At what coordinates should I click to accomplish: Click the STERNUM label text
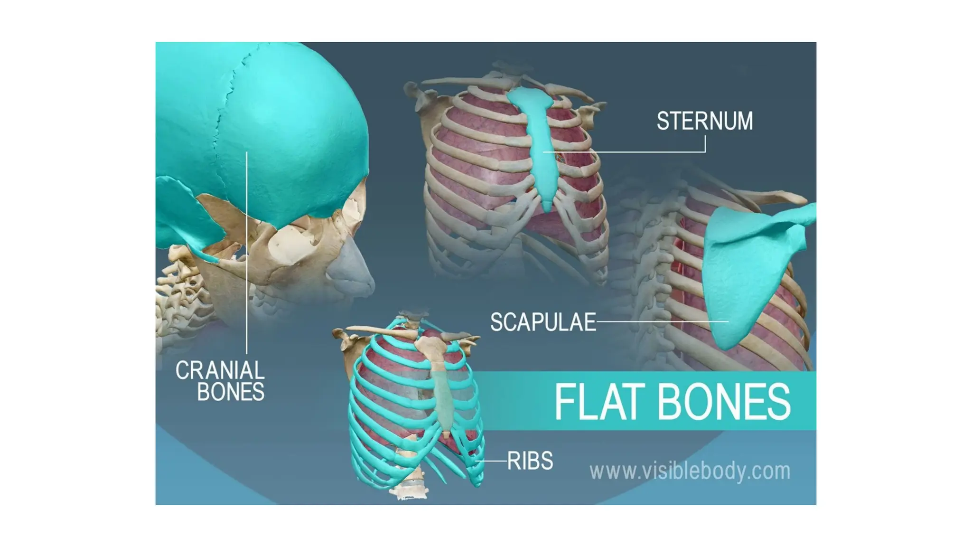coord(704,121)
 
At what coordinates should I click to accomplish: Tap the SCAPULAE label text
coord(542,322)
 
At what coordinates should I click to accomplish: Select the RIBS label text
coord(530,461)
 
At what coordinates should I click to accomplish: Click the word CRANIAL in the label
coord(220,370)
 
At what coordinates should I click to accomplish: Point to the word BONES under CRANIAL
coord(231,392)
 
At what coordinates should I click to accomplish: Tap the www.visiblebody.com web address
coord(690,471)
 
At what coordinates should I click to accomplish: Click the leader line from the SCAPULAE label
coord(662,322)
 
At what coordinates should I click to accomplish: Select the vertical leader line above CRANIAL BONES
coord(247,252)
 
